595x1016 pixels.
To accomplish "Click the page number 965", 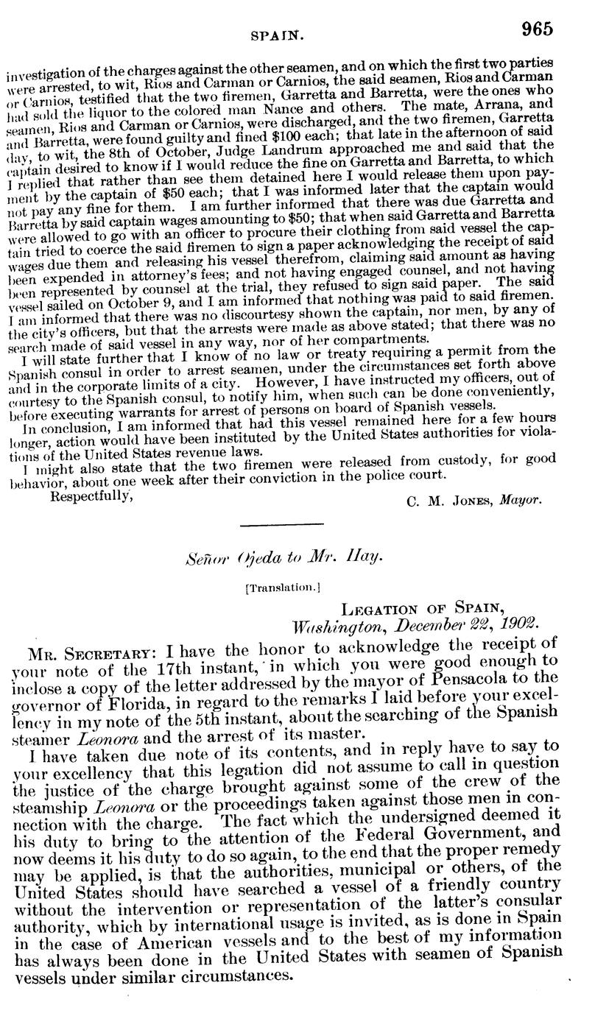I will point(538,29).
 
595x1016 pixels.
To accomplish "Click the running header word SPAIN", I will point(273,35).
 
